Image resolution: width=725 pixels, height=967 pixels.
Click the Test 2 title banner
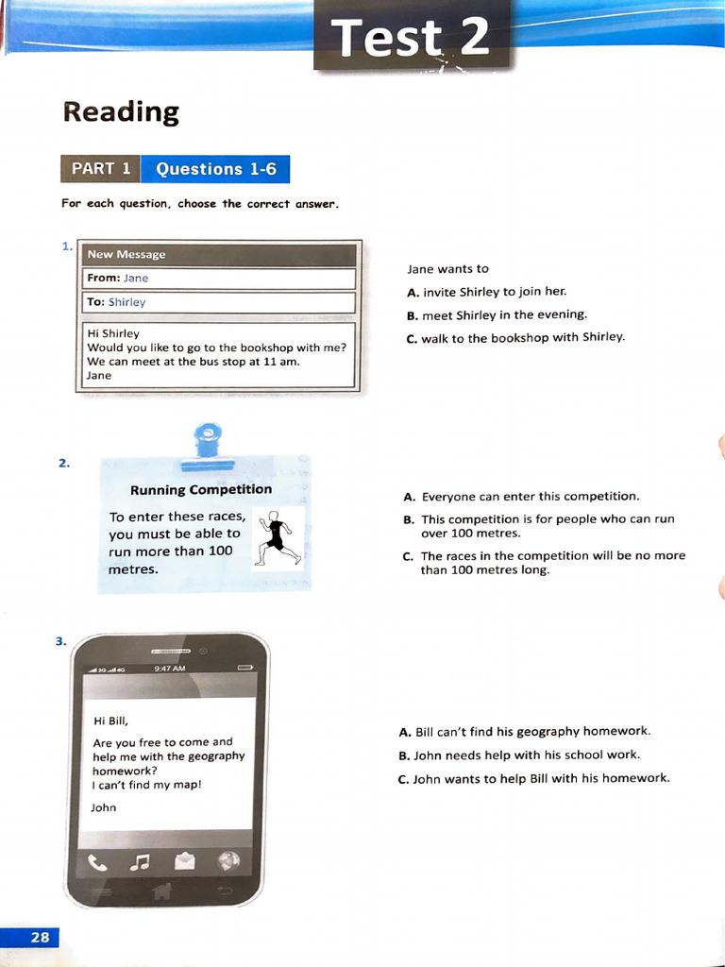pyautogui.click(x=413, y=37)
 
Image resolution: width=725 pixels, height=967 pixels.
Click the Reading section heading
pyautogui.click(x=121, y=112)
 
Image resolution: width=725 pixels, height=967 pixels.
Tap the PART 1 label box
pyautogui.click(x=100, y=169)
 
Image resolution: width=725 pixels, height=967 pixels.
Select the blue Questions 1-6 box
pyautogui.click(x=215, y=169)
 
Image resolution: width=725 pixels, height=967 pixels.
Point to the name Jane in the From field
pyautogui.click(x=136, y=279)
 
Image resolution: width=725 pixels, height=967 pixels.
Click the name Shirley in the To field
pyautogui.click(x=127, y=302)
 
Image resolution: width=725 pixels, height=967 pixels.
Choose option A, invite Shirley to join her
pyautogui.click(x=487, y=292)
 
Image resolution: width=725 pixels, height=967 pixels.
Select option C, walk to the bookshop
pyautogui.click(x=515, y=337)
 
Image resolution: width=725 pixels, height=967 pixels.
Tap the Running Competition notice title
pyautogui.click(x=201, y=489)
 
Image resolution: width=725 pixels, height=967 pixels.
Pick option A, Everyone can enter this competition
pyautogui.click(x=521, y=496)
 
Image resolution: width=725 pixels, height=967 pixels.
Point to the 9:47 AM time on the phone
pyautogui.click(x=170, y=668)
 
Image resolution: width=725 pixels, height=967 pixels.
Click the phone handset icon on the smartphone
pyautogui.click(x=97, y=861)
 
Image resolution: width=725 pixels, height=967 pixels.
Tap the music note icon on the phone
pyautogui.click(x=140, y=861)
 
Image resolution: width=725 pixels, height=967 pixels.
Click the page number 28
pyautogui.click(x=40, y=937)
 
